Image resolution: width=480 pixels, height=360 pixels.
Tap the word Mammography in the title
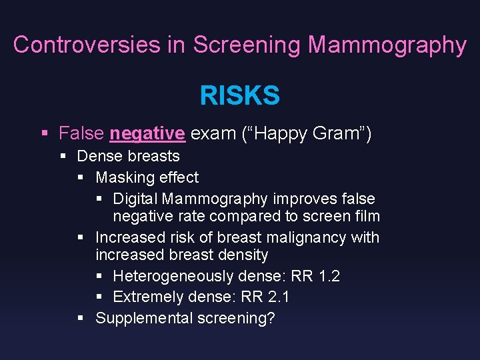point(387,45)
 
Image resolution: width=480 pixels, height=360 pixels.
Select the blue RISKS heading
point(239,96)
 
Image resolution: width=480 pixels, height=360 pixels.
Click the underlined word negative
point(147,133)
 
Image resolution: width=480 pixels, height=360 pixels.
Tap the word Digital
point(135,199)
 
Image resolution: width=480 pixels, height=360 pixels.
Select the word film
point(366,216)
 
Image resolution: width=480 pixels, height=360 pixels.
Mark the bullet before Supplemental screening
point(80,318)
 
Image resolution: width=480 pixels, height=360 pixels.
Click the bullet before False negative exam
point(44,133)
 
